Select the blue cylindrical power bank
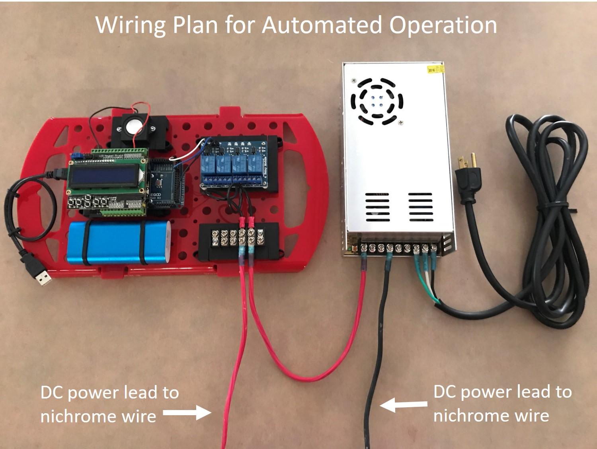pos(119,243)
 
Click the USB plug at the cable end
pos(41,276)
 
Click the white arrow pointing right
pos(187,413)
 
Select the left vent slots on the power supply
pos(377,208)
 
